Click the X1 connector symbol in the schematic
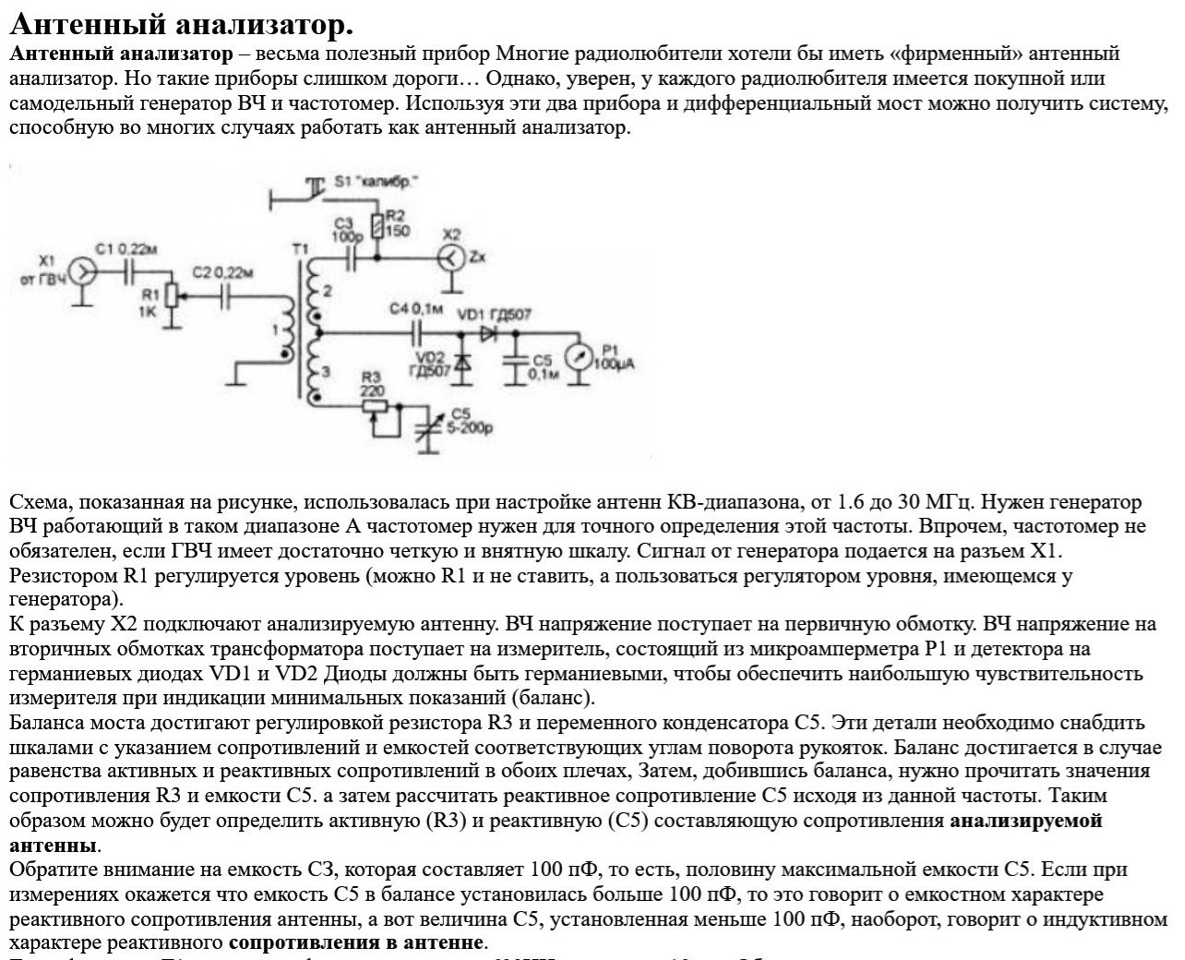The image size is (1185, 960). [x=82, y=270]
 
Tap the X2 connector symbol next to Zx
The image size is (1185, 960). [x=450, y=258]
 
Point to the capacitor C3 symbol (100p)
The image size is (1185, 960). [x=351, y=259]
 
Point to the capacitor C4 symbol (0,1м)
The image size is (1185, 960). [x=420, y=330]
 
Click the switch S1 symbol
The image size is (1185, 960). [x=317, y=187]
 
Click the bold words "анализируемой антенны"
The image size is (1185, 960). [x=1025, y=821]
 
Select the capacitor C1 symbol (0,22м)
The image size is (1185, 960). [x=130, y=270]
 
